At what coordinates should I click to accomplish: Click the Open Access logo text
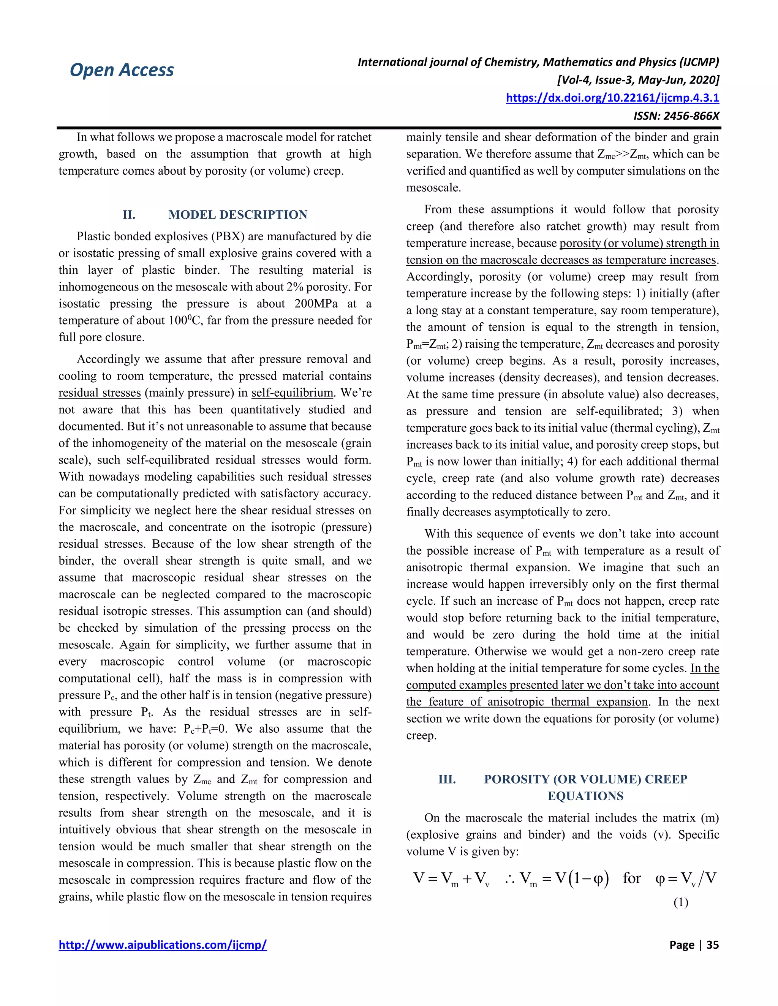pyautogui.click(x=122, y=70)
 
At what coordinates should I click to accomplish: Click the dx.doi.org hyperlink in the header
pyautogui.click(x=612, y=98)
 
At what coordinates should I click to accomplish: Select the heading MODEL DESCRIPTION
pyautogui.click(x=237, y=214)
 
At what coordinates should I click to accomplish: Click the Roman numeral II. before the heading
pyautogui.click(x=129, y=214)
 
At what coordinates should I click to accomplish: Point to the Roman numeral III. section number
pyautogui.click(x=447, y=779)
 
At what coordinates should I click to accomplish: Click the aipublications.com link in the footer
pyautogui.click(x=162, y=945)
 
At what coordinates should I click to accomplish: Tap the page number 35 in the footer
pyautogui.click(x=712, y=945)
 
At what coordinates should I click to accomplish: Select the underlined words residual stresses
pyautogui.click(x=100, y=393)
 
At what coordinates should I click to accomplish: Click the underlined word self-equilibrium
pyautogui.click(x=292, y=393)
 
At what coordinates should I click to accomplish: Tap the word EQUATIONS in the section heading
pyautogui.click(x=585, y=796)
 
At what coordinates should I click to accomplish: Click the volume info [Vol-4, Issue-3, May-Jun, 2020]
pyautogui.click(x=638, y=80)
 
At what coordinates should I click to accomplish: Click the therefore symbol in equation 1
pyautogui.click(x=509, y=879)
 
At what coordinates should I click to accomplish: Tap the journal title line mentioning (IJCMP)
pyautogui.click(x=538, y=62)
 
